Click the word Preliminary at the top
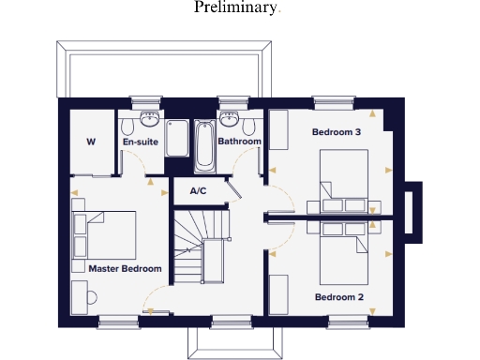(237, 8)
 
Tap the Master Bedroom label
(125, 268)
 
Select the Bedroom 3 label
(337, 132)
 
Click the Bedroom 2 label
(338, 297)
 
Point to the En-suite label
(141, 142)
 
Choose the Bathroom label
(239, 142)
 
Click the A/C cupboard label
(198, 190)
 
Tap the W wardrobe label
(91, 142)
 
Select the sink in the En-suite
(148, 119)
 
